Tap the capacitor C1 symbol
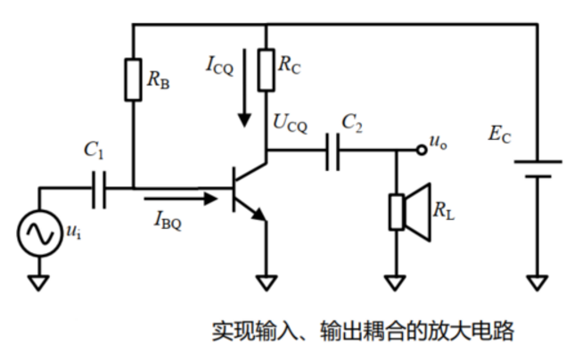click(98, 189)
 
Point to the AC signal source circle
click(40, 233)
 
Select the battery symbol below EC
click(537, 168)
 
